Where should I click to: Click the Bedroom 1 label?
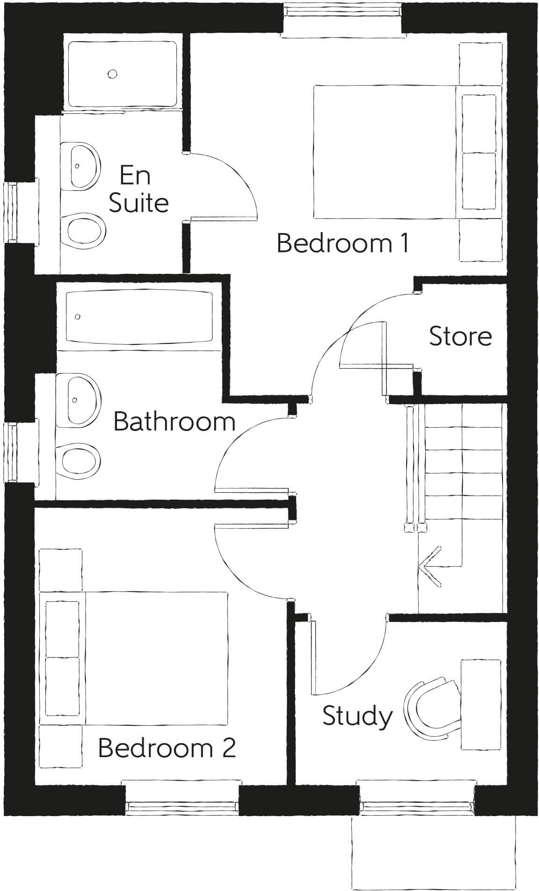pos(343,243)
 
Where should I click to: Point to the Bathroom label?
pos(174,422)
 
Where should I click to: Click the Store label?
pos(460,336)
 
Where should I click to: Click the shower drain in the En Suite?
pos(112,73)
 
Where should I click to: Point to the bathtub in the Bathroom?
pos(139,317)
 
